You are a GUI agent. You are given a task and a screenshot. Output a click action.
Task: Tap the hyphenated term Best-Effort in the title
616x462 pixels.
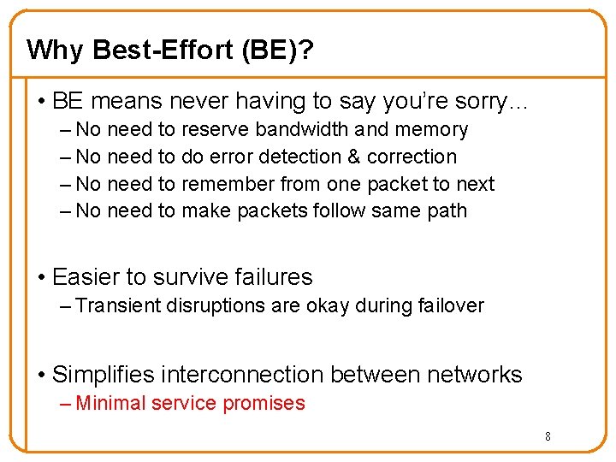point(163,50)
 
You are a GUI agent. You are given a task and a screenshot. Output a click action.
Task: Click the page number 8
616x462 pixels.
point(548,437)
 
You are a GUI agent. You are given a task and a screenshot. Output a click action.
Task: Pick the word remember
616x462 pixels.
point(226,184)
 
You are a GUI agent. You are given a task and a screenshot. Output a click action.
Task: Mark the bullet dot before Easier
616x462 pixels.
point(41,277)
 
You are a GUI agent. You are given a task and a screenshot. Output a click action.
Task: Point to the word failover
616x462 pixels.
point(451,305)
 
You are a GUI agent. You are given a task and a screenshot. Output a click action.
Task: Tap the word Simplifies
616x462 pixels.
point(104,375)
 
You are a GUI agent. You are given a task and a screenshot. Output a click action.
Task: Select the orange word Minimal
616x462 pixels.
point(110,403)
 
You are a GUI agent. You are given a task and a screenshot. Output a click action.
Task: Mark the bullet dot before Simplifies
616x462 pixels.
point(41,375)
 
